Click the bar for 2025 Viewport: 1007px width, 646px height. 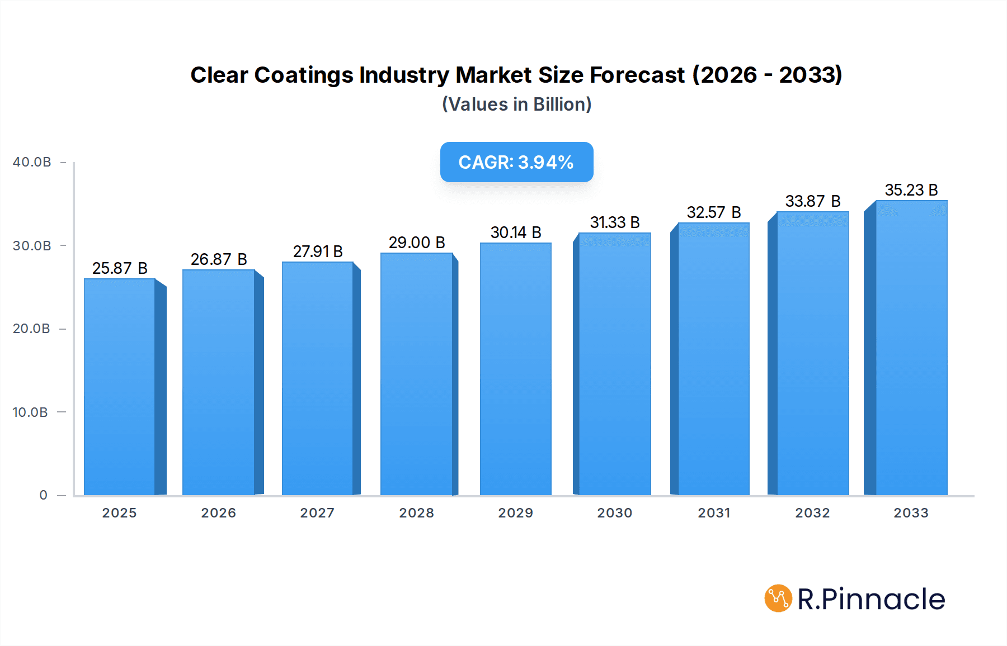tap(120, 387)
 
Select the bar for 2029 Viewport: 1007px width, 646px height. tap(516, 369)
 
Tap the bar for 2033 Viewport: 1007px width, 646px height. tap(911, 348)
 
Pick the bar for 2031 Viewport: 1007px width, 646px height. tap(713, 359)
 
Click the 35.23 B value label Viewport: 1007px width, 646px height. tap(911, 190)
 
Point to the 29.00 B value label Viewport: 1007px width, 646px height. tap(417, 243)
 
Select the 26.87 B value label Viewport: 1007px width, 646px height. tap(219, 259)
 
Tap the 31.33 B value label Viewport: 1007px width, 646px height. tap(615, 222)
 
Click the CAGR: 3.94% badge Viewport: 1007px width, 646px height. tap(516, 162)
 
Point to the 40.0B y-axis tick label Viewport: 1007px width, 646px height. tap(32, 162)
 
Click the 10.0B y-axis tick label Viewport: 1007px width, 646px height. tap(30, 412)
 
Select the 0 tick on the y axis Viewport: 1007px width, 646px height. tap(44, 495)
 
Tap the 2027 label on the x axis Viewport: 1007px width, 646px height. tap(317, 513)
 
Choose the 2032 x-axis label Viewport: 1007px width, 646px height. tap(812, 513)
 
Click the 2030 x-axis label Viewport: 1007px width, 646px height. tap(614, 513)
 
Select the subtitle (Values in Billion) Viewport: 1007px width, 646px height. tap(516, 104)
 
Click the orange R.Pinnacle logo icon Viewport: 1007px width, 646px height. tap(778, 598)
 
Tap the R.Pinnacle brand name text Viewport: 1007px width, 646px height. tap(870, 599)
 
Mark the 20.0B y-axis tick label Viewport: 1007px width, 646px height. tap(31, 329)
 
